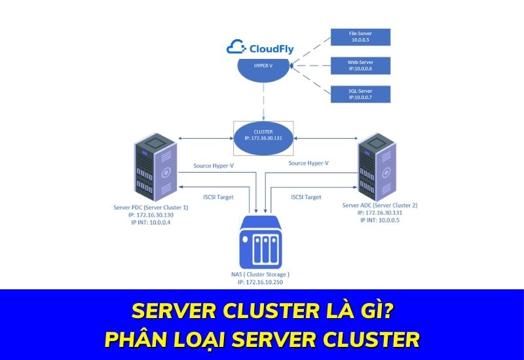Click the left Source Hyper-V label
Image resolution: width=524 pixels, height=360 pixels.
[x=214, y=166]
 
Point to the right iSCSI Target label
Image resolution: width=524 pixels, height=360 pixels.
[x=305, y=196]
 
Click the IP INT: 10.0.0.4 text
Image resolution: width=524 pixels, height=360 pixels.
[x=150, y=223]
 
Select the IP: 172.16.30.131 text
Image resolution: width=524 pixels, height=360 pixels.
[x=380, y=212]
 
